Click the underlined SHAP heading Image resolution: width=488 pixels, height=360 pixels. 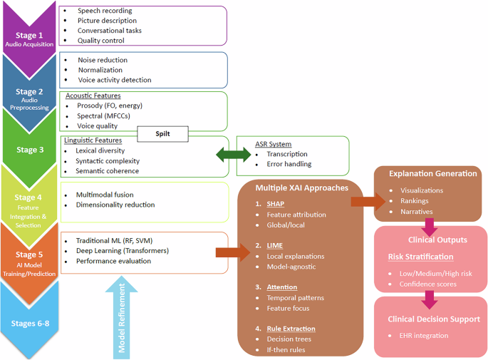tap(275, 203)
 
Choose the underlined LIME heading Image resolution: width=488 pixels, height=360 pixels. tap(274, 245)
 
